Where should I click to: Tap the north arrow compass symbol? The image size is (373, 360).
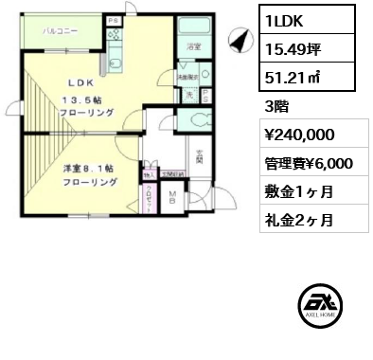click(239, 40)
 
